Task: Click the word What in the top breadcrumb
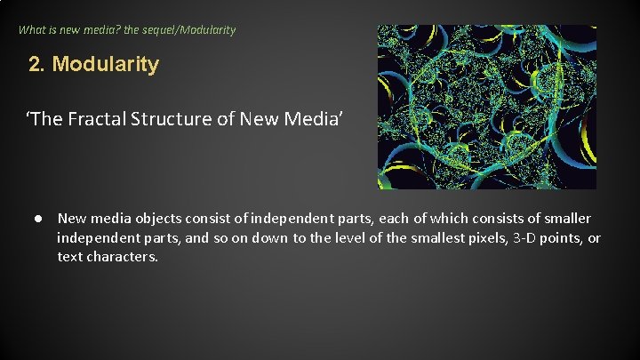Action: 33,29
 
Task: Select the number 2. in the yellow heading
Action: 36,65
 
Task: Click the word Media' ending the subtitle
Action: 332,122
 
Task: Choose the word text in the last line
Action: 70,258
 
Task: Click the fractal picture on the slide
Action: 486,107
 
